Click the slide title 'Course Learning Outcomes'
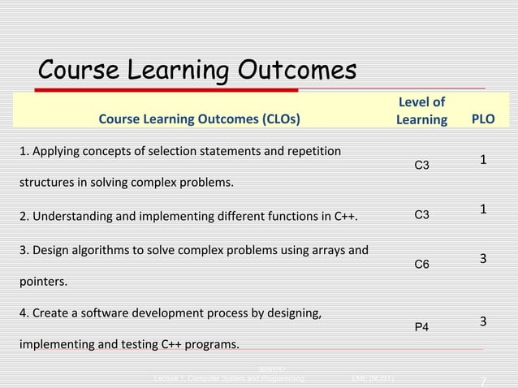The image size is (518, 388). [x=197, y=71]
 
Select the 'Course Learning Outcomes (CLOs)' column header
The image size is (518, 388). [x=198, y=120]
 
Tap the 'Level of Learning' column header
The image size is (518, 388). [x=421, y=111]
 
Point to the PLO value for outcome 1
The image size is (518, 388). [x=483, y=160]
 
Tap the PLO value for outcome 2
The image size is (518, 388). [x=483, y=209]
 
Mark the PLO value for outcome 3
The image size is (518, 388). [x=483, y=259]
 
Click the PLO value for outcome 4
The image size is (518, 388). [x=483, y=321]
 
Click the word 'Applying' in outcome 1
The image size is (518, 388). [x=56, y=152]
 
